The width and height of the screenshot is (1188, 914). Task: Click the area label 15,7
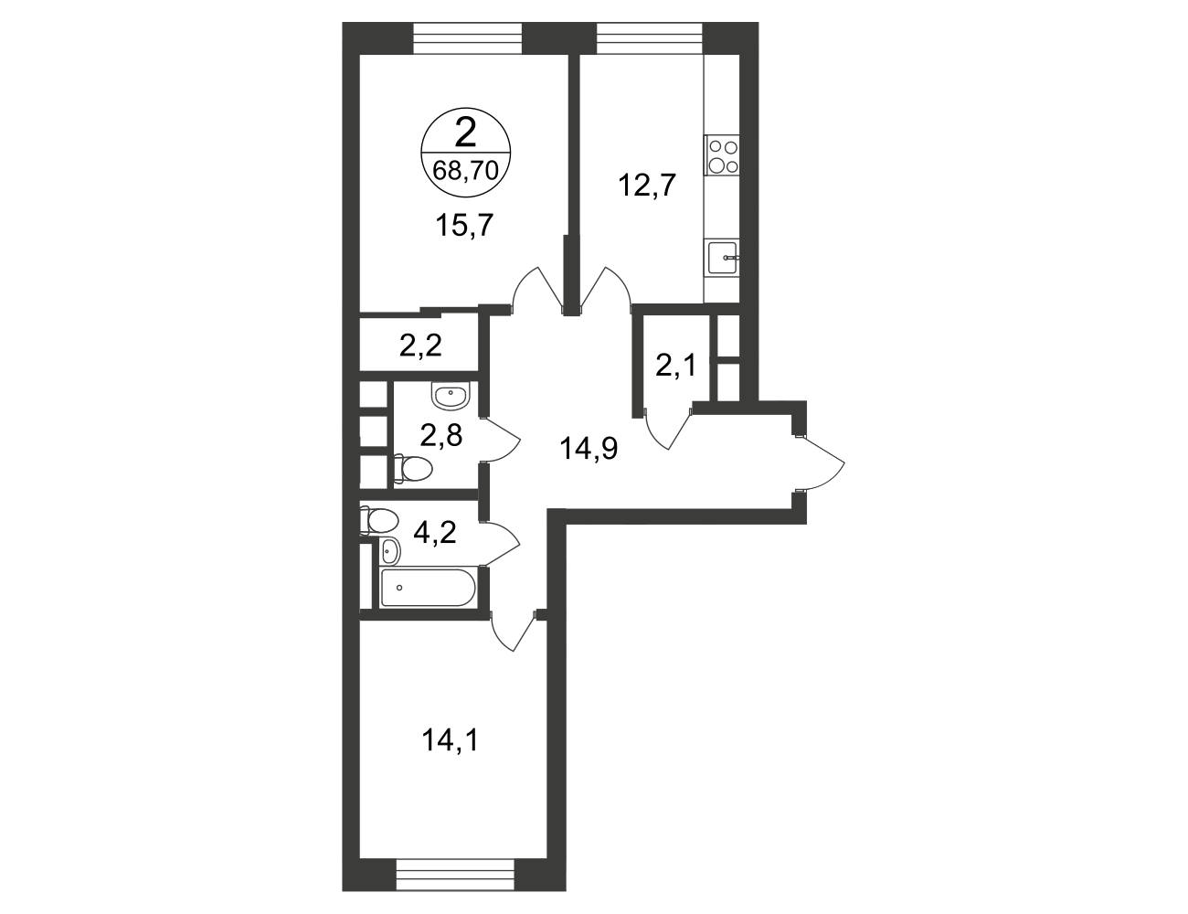(465, 225)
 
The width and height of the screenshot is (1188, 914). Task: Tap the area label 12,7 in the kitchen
(647, 185)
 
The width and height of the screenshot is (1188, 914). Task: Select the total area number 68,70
(465, 171)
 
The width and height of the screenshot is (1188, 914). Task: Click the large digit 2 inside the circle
(465, 133)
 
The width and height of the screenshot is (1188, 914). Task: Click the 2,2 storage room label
(420, 345)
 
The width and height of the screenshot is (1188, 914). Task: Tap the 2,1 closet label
(675, 366)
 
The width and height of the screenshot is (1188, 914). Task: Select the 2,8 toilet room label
(441, 435)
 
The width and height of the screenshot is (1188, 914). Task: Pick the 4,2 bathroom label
(435, 533)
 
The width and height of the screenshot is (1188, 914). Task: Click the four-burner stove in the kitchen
(722, 155)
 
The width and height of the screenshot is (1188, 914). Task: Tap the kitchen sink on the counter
(722, 257)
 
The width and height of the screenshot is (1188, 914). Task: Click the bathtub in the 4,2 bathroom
(428, 588)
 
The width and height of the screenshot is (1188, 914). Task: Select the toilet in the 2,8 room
(413, 469)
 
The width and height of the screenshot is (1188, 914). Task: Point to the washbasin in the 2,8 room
(451, 395)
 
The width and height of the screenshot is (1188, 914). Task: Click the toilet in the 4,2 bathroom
(377, 520)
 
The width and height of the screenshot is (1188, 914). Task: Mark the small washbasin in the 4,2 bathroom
(389, 550)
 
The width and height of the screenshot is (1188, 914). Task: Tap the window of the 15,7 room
(468, 38)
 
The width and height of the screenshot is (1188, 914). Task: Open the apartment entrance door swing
(820, 463)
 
